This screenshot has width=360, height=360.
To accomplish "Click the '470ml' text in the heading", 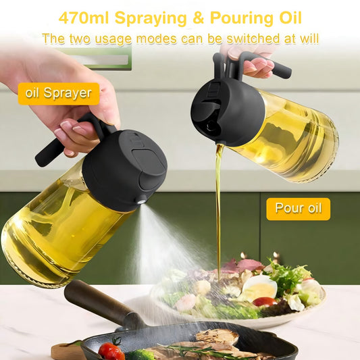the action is click(x=84, y=18).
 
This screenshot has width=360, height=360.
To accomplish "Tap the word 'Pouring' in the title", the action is click(x=242, y=18).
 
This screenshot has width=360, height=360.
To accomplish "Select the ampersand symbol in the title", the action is click(x=199, y=18).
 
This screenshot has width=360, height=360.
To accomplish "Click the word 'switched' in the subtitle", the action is click(x=253, y=38).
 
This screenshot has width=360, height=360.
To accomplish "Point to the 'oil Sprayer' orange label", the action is click(x=59, y=94).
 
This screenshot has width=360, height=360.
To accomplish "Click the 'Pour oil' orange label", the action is click(x=299, y=209).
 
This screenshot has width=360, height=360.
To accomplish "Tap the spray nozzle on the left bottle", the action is click(x=141, y=201).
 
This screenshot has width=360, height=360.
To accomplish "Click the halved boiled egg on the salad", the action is click(x=259, y=288).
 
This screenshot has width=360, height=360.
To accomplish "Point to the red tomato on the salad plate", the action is click(x=265, y=301).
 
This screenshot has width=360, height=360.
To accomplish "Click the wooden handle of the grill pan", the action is click(x=99, y=301).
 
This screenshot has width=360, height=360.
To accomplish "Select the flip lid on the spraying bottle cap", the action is click(x=150, y=170).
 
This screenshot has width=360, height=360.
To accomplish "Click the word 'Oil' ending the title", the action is click(x=290, y=18).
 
